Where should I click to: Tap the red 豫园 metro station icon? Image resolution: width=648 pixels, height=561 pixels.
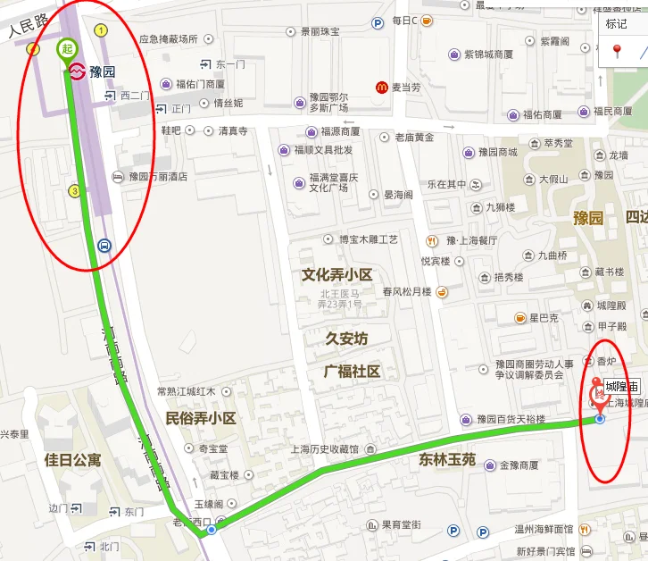point(77,71)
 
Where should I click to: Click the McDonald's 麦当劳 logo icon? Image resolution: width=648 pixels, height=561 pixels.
point(382,87)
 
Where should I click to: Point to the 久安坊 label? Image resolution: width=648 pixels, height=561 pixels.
point(346,339)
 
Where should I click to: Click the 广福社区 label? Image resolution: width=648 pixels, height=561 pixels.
point(352,371)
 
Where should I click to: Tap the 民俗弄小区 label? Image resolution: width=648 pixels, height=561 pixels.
point(201,418)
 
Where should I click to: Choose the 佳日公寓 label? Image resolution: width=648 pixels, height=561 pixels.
point(73,461)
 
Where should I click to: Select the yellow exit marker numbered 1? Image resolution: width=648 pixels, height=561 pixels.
point(101,30)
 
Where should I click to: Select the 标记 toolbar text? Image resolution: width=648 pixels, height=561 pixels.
point(617,24)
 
